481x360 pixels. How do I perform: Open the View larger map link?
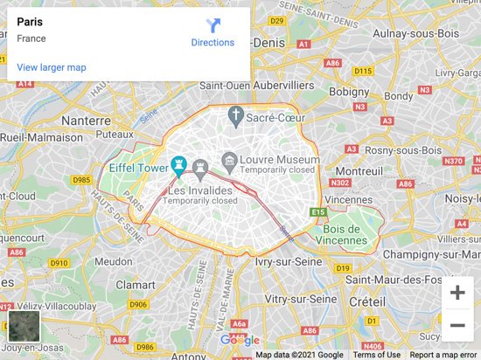click(52, 67)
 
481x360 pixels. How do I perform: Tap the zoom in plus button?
click(457, 293)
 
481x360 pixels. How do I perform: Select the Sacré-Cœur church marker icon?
click(234, 115)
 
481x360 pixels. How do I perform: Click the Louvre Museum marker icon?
click(229, 160)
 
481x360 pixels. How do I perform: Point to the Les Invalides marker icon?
click(200, 166)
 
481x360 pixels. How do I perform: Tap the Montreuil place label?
click(359, 170)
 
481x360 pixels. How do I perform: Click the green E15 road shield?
click(317, 212)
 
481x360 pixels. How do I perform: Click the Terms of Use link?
click(377, 355)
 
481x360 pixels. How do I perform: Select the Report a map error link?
click(444, 355)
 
